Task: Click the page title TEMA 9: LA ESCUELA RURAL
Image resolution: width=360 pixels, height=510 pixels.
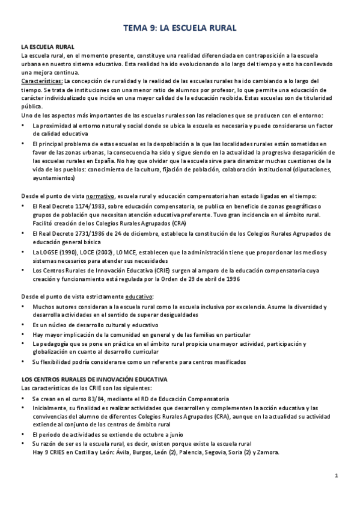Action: coord(180,27)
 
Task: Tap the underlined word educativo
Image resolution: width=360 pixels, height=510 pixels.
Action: coord(138,296)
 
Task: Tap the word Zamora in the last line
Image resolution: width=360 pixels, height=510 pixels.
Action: coord(267,452)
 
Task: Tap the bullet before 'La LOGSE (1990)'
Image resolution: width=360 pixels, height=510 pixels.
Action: coord(23,252)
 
